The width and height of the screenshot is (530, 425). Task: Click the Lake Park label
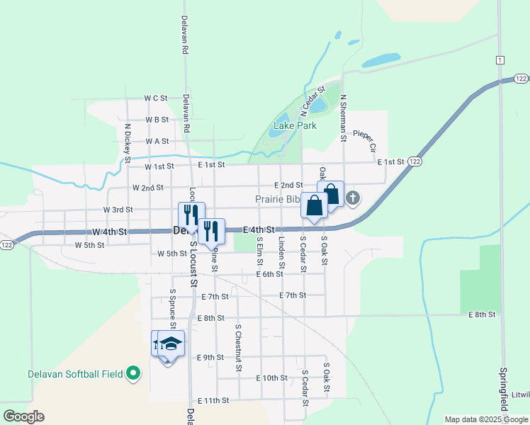pos(295,126)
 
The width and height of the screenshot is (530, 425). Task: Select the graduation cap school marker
pos(171,344)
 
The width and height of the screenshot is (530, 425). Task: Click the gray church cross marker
pos(353,198)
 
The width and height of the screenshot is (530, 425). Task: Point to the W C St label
pos(155,98)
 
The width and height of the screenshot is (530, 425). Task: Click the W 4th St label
pos(109,232)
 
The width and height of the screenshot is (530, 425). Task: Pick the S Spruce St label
pos(172,308)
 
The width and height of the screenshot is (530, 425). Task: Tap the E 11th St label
pos(214,401)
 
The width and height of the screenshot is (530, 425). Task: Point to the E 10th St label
pos(272,378)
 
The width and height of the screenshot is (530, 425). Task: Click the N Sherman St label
pos(343,115)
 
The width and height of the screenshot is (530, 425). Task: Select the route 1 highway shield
pos(500,59)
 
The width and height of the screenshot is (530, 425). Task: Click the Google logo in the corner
pos(23,416)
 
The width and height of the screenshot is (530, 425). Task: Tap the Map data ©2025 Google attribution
pos(486,419)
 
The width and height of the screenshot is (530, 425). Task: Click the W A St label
pos(157,142)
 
